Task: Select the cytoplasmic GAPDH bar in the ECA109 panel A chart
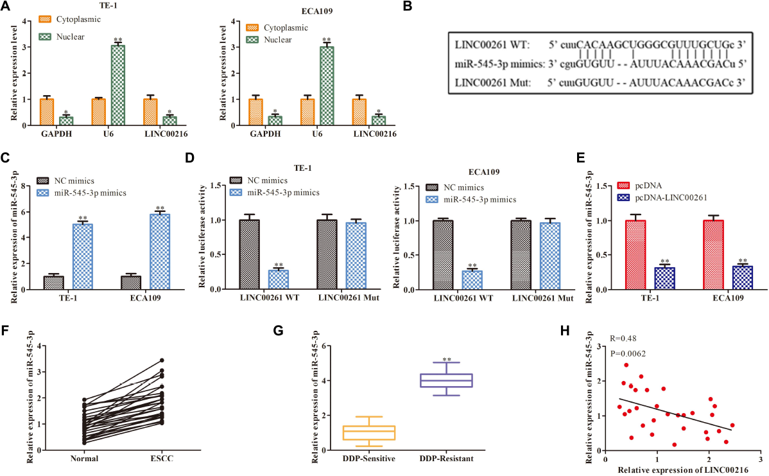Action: tap(256, 112)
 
